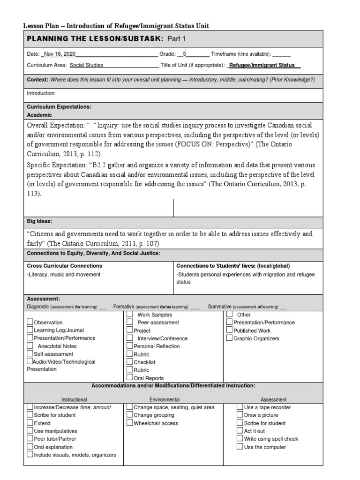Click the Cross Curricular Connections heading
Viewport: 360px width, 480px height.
click(65, 266)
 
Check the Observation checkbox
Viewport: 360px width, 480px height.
click(30, 322)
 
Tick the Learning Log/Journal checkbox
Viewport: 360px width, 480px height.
click(30, 330)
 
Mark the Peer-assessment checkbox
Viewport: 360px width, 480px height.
click(130, 322)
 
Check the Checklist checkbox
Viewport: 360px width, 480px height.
click(130, 362)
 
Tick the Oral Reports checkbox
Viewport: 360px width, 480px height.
click(130, 377)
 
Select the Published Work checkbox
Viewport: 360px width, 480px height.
click(230, 330)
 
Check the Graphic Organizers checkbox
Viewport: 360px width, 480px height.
click(230, 338)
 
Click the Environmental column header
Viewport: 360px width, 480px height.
click(165, 400)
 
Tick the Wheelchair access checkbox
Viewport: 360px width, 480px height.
click(130, 423)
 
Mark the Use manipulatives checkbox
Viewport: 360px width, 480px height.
click(30, 431)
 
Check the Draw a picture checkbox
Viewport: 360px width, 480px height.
click(240, 415)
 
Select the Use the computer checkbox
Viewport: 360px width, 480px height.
click(240, 447)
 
